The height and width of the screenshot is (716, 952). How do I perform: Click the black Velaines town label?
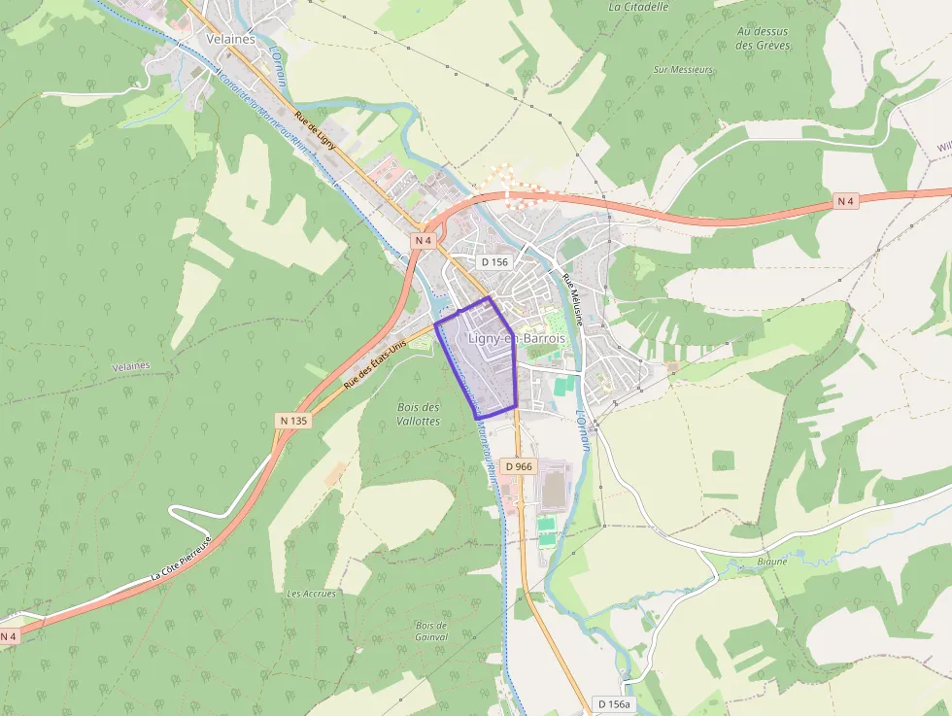coord(230,39)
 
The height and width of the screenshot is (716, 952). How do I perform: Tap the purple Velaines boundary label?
coord(131,365)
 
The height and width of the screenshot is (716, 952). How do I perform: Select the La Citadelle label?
coord(638,6)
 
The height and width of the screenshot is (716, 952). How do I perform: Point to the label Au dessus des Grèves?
coord(762,38)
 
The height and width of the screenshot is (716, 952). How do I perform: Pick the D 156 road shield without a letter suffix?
coord(494,261)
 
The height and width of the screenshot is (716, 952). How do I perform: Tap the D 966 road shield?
coord(519,466)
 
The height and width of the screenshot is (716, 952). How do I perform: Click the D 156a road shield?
coord(613,703)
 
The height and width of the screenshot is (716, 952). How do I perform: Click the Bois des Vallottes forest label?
coord(419,414)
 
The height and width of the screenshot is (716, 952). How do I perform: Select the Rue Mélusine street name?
coord(574,298)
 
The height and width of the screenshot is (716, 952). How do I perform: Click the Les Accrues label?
coord(311,594)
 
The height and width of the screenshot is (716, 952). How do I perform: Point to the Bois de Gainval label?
coord(431,631)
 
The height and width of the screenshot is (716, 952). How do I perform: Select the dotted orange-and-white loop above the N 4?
coord(512,181)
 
